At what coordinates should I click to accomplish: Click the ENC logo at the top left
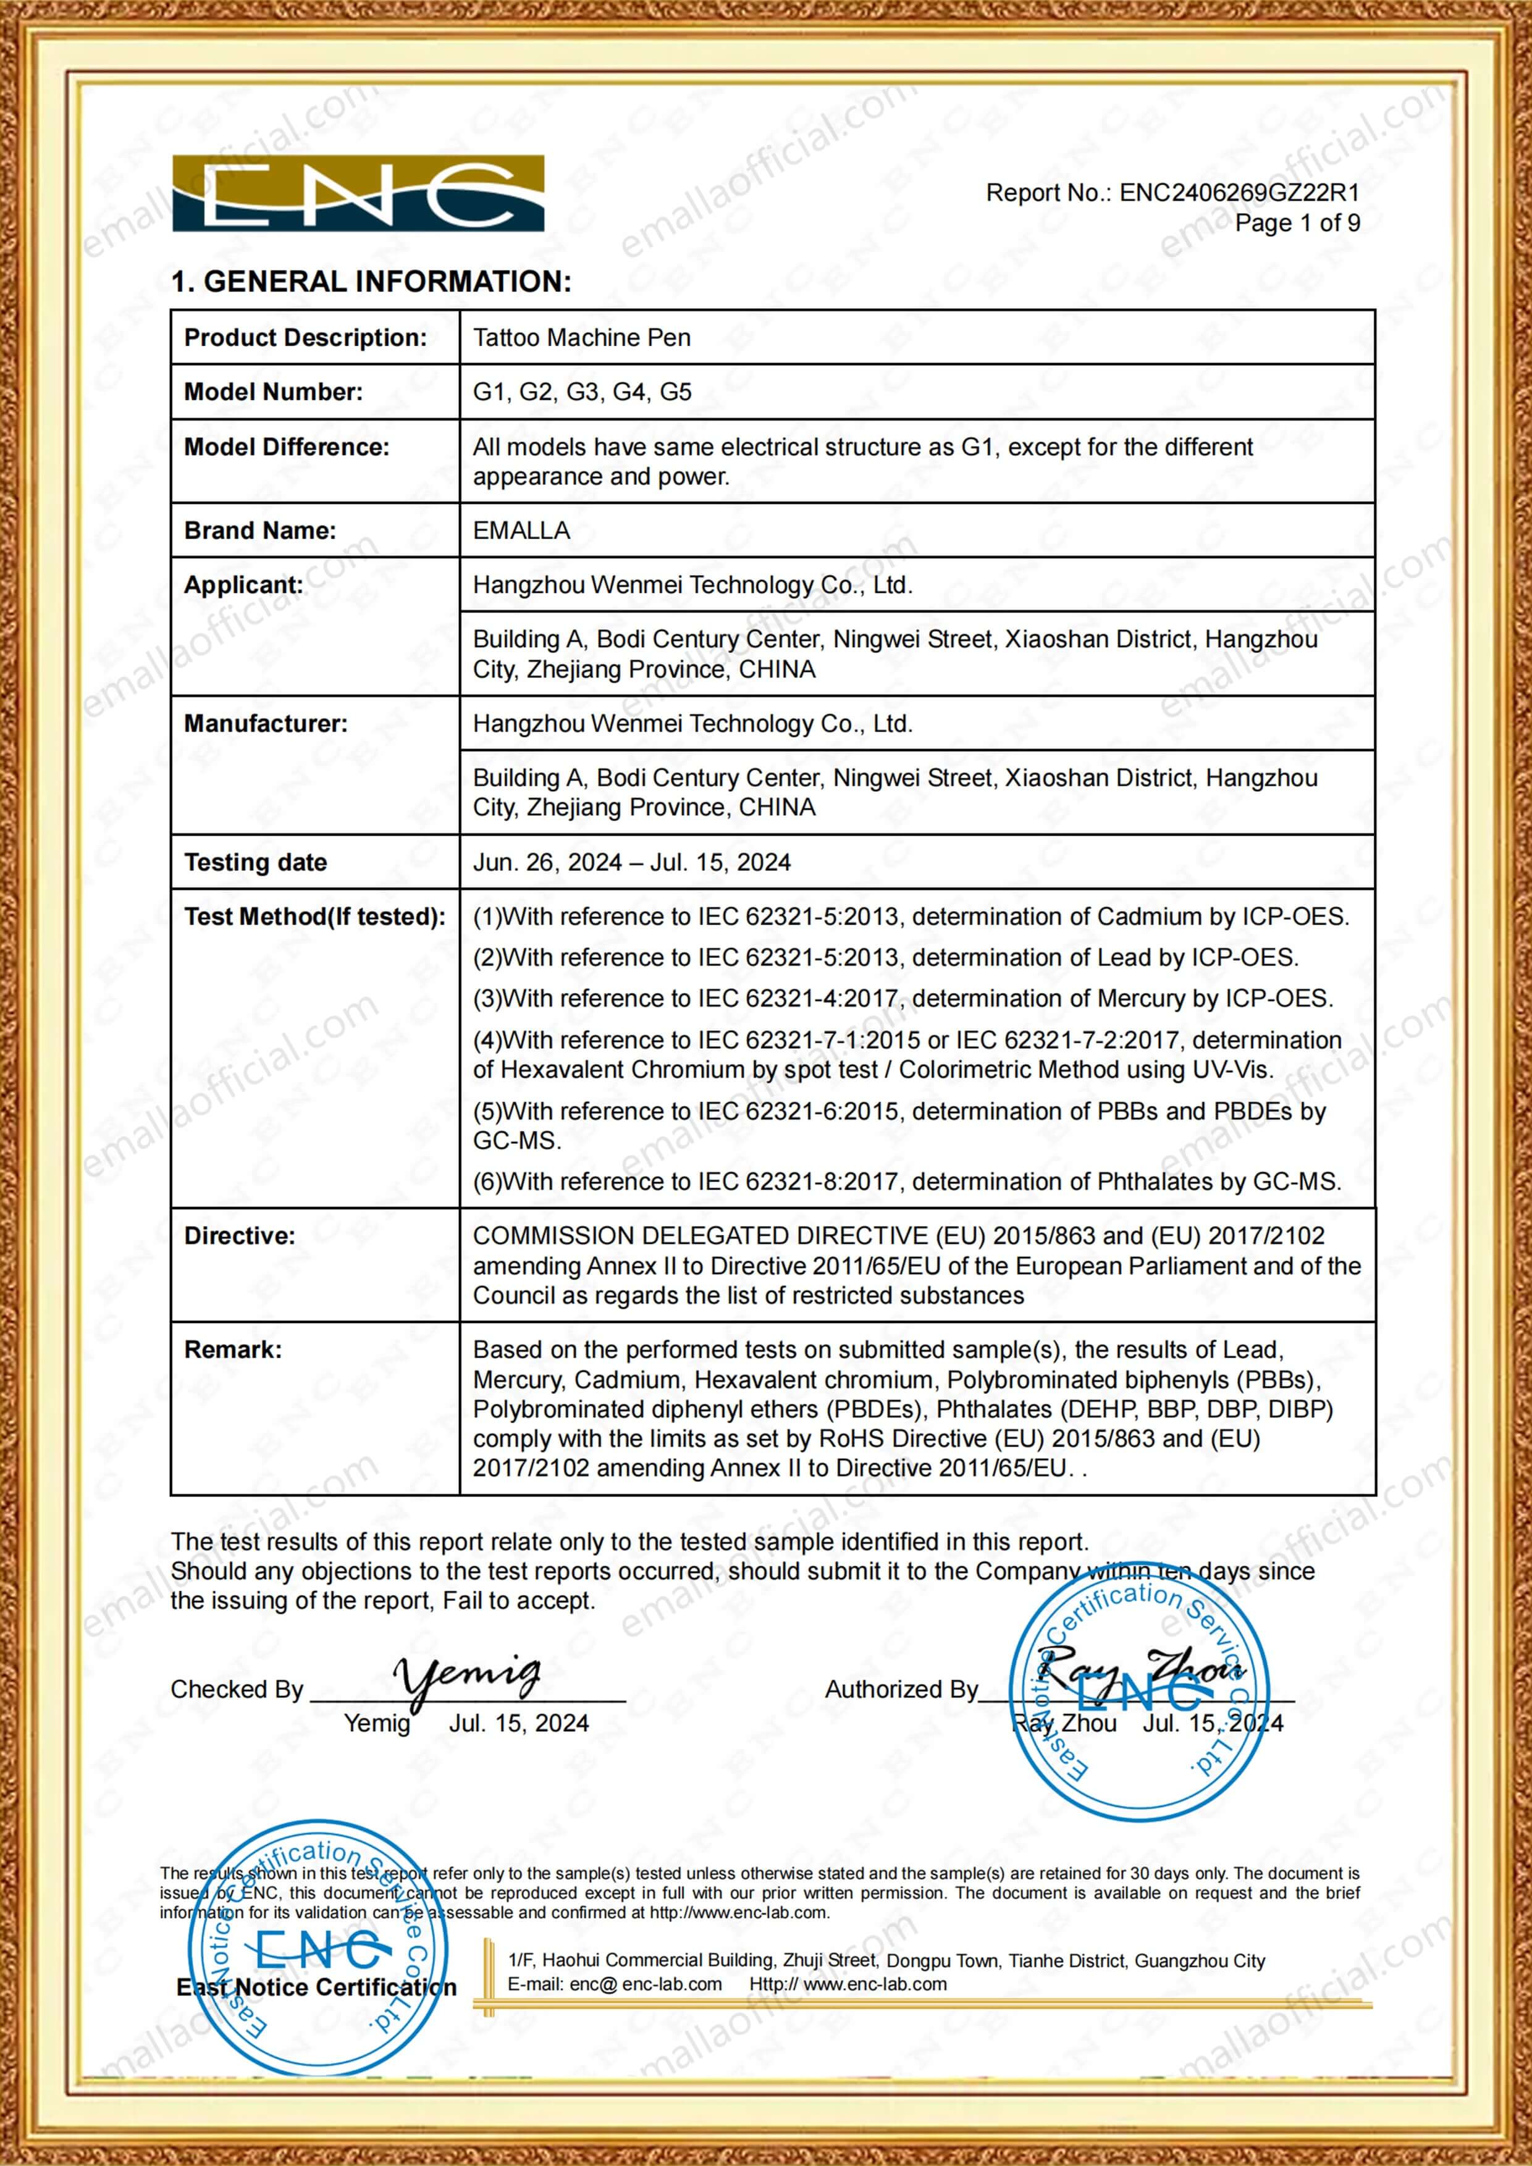click(358, 193)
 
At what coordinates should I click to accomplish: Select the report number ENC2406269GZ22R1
click(1239, 193)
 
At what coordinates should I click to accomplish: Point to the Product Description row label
click(305, 338)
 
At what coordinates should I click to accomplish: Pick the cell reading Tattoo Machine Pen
click(581, 338)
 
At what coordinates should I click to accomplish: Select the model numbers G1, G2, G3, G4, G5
click(581, 392)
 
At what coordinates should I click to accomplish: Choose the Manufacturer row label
click(265, 724)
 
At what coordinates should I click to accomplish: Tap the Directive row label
click(238, 1236)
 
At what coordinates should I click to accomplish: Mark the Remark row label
click(232, 1350)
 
